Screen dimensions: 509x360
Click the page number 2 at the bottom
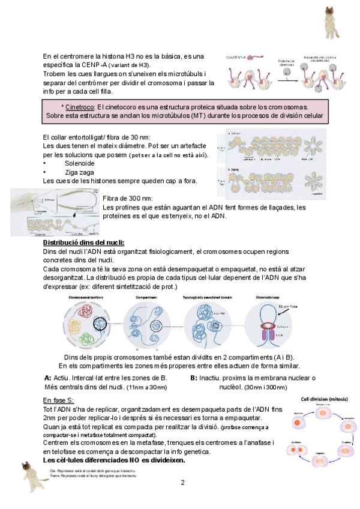click(x=182, y=483)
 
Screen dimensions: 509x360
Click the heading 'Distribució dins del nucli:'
click(x=83, y=242)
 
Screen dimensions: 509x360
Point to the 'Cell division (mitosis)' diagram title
click(x=327, y=398)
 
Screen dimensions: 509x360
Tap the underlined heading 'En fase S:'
click(x=58, y=400)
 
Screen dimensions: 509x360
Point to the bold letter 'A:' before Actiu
click(x=48, y=378)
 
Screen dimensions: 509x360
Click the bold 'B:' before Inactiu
click(x=193, y=378)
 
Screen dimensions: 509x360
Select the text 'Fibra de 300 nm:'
click(x=127, y=199)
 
